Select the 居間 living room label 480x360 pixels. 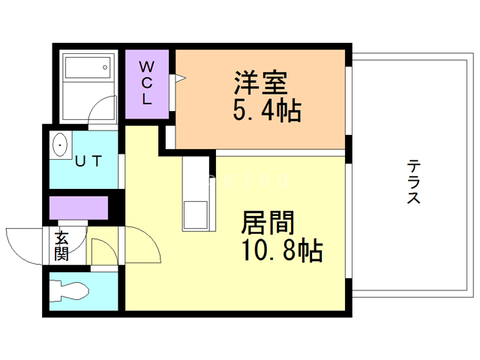(x=268, y=223)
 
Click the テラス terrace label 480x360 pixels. (x=412, y=182)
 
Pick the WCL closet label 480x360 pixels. (x=147, y=82)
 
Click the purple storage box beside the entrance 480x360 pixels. (x=79, y=206)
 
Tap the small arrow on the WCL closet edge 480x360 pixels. (x=179, y=78)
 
